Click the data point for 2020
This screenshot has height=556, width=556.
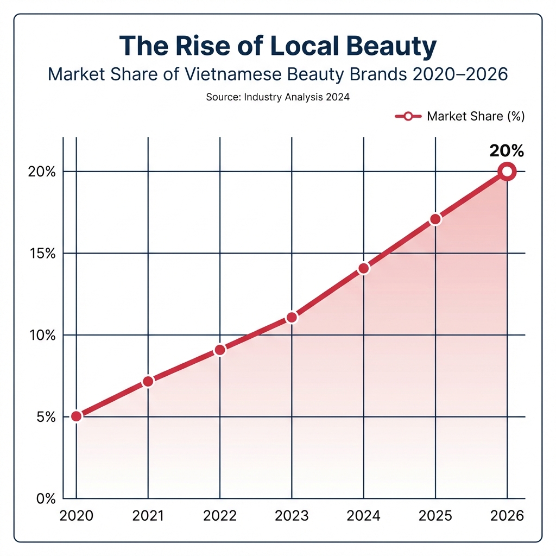point(77,416)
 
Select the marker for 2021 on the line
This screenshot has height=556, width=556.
point(148,382)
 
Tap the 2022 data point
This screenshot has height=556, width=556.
point(220,350)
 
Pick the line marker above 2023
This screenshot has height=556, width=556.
point(292,317)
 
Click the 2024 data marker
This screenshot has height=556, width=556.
point(364,268)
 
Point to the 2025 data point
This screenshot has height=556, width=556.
point(435,219)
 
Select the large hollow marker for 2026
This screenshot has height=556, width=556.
point(507,172)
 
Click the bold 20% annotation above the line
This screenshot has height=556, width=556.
point(506,150)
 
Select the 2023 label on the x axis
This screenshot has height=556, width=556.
point(292,516)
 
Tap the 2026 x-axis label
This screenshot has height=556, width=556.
point(507,516)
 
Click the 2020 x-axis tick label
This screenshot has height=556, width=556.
point(77,516)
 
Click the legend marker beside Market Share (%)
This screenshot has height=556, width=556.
point(408,116)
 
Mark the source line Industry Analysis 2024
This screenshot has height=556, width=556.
point(277,98)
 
